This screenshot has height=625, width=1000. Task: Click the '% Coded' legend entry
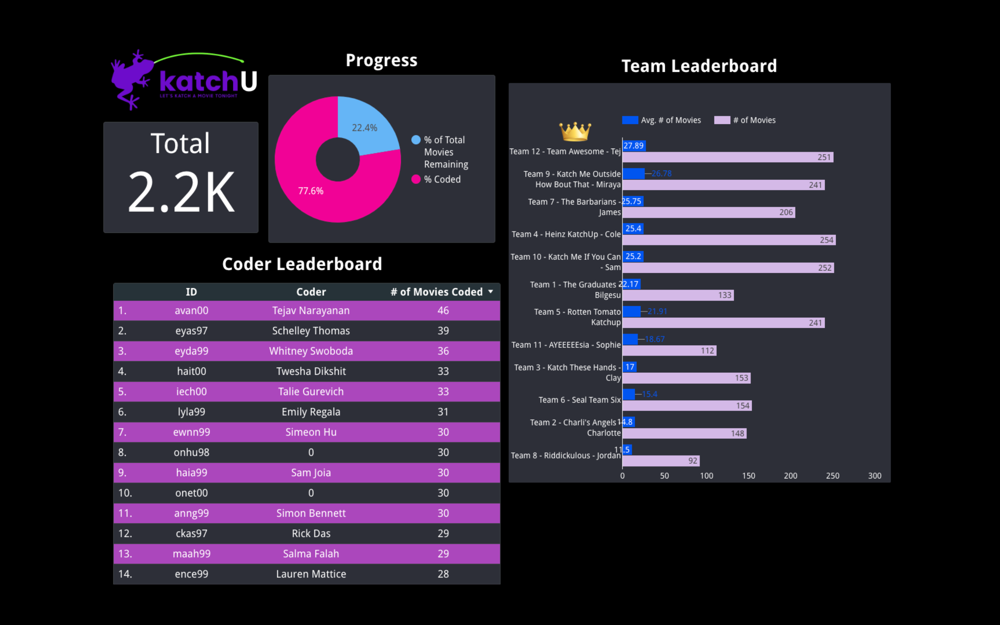pos(442,179)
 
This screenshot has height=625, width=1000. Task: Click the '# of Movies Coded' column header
pos(437,292)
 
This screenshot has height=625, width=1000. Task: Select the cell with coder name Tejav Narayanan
pos(311,311)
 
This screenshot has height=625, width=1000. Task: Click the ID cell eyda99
pos(191,351)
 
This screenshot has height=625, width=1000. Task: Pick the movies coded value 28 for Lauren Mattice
pos(443,574)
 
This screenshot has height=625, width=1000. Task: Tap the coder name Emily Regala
pos(311,412)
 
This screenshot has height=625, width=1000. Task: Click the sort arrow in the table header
pos(491,292)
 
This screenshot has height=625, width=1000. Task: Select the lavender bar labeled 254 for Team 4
pos(728,240)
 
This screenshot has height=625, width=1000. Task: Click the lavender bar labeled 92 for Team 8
pos(660,461)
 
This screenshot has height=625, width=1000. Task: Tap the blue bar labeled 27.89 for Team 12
pos(634,146)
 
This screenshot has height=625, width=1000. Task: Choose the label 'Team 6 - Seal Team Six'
pos(579,400)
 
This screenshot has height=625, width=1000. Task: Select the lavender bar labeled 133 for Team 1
pos(678,295)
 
